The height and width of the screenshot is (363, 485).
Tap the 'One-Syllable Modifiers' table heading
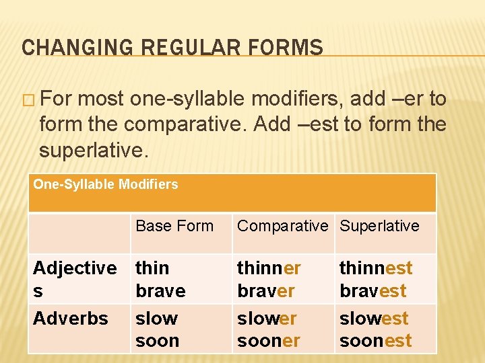tap(106, 184)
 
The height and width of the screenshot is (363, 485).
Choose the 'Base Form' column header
tap(174, 226)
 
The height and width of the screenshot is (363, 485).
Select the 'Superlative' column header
tap(379, 226)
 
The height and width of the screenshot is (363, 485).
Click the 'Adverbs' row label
tap(71, 318)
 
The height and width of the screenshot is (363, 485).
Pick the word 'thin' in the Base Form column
tap(152, 268)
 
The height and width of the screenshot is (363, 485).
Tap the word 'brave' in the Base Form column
tap(160, 291)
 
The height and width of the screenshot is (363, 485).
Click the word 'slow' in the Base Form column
tap(156, 318)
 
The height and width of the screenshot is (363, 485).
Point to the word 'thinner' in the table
tap(269, 268)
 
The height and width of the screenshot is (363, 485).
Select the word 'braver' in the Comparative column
tap(265, 291)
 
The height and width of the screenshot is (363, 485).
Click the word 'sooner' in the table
tap(268, 341)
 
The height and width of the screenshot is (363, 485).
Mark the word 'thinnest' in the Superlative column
tap(376, 268)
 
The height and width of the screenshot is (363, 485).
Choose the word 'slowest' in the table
tap(374, 318)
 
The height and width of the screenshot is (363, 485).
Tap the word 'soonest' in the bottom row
tap(375, 341)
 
